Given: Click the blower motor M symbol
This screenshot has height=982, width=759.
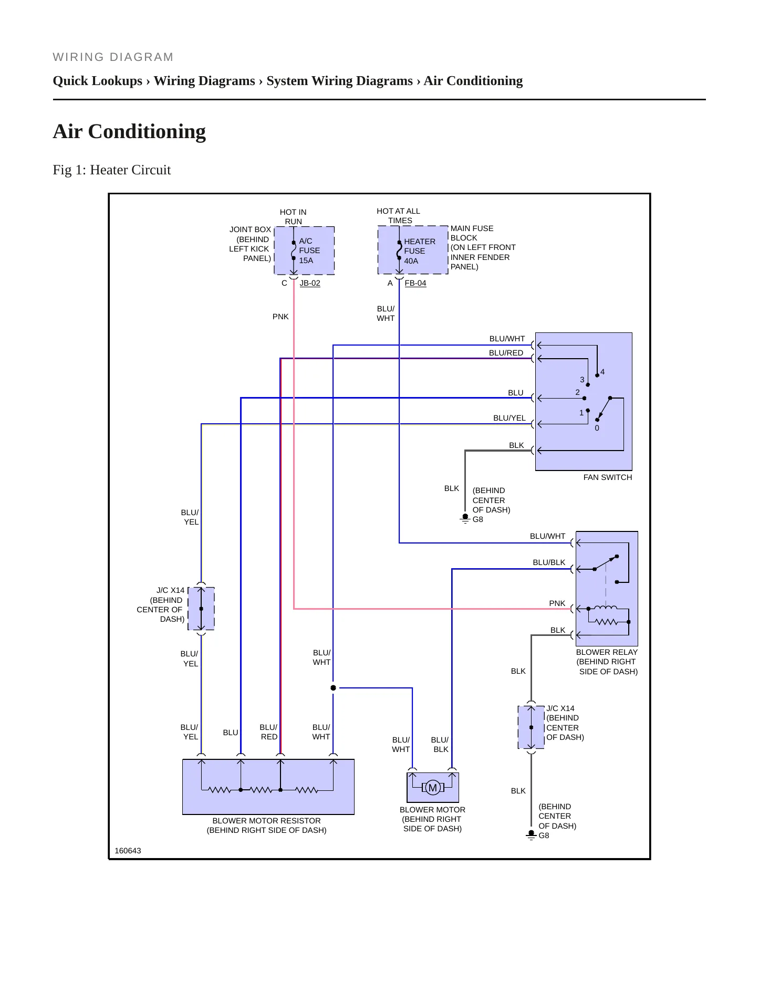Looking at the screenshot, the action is [x=433, y=787].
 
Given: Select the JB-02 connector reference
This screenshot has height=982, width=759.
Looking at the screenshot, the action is [x=310, y=283].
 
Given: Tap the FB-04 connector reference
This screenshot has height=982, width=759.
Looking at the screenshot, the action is [x=415, y=283].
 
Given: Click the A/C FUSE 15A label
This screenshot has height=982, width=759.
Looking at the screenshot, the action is [x=309, y=250].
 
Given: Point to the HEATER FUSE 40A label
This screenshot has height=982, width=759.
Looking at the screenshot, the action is [x=420, y=251].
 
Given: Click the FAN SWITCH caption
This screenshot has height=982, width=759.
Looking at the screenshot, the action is [x=608, y=477].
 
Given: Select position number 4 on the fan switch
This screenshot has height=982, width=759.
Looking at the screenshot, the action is [x=602, y=372].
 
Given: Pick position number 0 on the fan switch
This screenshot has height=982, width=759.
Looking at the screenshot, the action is [x=597, y=428].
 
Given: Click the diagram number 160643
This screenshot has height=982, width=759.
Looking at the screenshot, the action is [x=128, y=851].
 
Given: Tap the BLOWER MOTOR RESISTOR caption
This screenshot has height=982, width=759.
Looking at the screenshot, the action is [x=266, y=821].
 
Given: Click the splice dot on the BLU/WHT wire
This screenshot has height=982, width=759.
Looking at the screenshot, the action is [x=333, y=688].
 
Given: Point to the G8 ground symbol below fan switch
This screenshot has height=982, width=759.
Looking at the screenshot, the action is [x=465, y=519].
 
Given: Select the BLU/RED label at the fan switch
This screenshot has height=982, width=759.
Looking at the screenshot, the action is [x=506, y=353].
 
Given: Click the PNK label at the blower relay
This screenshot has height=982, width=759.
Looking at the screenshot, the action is [x=557, y=603].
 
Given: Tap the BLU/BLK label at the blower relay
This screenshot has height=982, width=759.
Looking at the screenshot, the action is [x=549, y=562].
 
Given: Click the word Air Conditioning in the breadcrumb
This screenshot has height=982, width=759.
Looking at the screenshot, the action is [x=473, y=81].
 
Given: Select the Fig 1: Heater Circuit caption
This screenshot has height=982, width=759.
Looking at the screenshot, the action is [x=112, y=170].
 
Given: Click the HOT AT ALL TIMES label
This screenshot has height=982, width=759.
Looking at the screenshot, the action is [x=399, y=216].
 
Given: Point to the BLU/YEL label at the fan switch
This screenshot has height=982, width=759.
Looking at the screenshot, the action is [x=510, y=418].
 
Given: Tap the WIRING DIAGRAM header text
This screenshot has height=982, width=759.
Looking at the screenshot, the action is [x=113, y=57].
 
